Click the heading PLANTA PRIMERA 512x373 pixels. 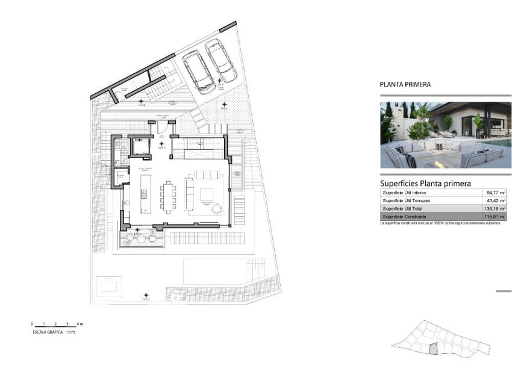click(405, 85)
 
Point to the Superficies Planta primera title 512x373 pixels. click(425, 183)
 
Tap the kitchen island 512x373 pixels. click(145, 194)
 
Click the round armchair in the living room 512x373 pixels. click(216, 209)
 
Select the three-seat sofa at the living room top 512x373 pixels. click(208, 175)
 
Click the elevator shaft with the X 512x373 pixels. click(142, 146)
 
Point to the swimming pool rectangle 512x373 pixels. click(214, 272)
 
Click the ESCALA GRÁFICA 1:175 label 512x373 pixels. click(54, 331)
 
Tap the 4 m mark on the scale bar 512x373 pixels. click(80, 324)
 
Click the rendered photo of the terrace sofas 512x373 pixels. click(445, 135)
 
